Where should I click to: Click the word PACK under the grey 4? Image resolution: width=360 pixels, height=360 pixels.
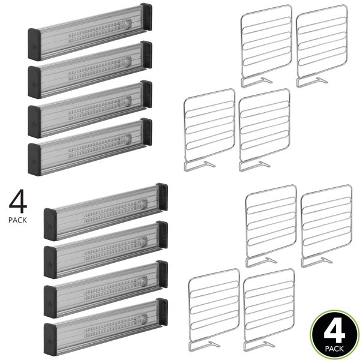click(x=17, y=220)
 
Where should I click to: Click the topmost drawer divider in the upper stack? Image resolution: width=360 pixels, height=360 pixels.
click(x=90, y=32)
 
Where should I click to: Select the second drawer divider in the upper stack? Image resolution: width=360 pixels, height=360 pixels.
click(x=90, y=70)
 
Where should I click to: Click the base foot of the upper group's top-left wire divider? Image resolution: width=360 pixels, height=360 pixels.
click(x=258, y=80)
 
